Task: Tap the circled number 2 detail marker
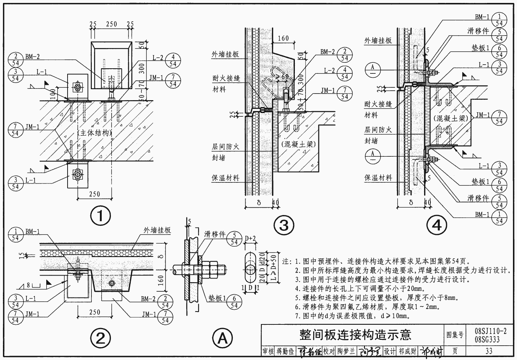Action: (101, 338)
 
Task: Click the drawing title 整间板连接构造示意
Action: (355, 335)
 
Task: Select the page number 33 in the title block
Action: (488, 351)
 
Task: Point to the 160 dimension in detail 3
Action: (283, 38)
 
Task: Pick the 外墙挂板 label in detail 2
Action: (157, 230)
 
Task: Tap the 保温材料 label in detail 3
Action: (225, 178)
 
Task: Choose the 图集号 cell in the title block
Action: (455, 335)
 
